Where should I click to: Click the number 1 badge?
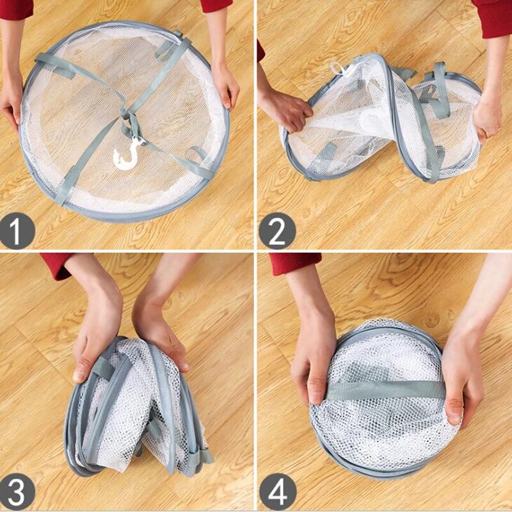(x=17, y=231)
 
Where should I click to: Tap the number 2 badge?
(x=277, y=231)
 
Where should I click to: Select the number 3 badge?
(x=17, y=493)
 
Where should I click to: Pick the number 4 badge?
(x=277, y=493)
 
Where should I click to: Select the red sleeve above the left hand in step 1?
(x=15, y=8)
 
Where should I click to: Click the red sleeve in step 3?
(x=58, y=264)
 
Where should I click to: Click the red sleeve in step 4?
(x=294, y=262)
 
